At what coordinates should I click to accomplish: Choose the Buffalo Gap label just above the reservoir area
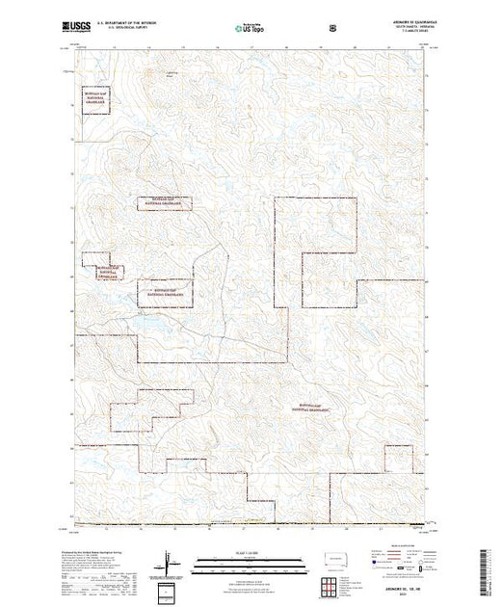[x=165, y=291]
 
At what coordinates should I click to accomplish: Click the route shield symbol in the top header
[x=332, y=30]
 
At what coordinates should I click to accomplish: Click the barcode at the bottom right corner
[x=489, y=568]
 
